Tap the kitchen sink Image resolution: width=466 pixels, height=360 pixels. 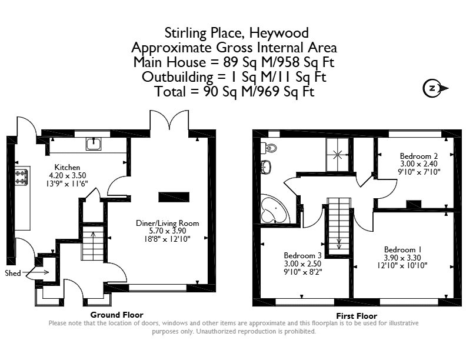pos(94,144)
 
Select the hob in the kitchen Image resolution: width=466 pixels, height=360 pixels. pos(22,177)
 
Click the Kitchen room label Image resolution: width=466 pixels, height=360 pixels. pos(67,167)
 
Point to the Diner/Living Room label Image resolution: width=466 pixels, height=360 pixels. pos(167,224)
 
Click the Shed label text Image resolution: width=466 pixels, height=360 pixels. pos(13,273)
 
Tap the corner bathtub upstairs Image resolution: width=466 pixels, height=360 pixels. pos(274,208)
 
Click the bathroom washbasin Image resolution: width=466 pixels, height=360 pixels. pos(266,167)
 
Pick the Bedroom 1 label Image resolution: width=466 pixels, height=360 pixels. pos(402,250)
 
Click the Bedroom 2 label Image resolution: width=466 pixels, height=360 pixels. pos(419,156)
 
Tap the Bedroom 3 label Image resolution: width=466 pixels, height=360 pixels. pos(302,255)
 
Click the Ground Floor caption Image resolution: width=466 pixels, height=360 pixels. pos(117,315)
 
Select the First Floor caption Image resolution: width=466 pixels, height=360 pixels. pos(357,316)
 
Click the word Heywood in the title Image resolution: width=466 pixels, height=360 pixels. pos(279,33)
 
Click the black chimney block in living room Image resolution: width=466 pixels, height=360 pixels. pos(174,197)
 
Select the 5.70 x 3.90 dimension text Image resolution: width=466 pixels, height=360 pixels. pos(167,231)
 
